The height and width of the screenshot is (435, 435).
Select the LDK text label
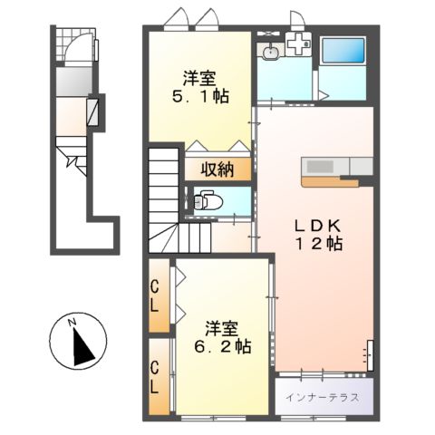316,223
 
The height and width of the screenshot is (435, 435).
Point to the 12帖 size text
316,245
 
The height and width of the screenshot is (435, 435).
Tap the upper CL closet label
156,295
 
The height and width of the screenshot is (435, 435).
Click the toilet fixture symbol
203,198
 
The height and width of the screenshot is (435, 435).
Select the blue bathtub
343,56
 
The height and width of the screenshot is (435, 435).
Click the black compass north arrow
82,344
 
